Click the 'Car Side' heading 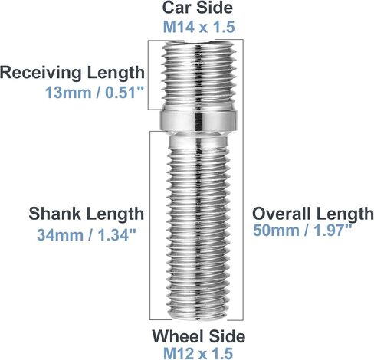(198, 8)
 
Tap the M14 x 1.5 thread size (198, 27)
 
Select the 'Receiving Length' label (72, 73)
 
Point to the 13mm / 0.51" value (95, 93)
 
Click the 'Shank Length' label (86, 214)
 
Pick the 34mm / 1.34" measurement (86, 235)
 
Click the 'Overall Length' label (313, 214)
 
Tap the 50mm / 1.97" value (302, 231)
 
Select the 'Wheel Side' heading (198, 336)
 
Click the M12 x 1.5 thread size (198, 353)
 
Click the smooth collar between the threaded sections (198, 120)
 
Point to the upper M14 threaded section (198, 75)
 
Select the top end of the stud (198, 42)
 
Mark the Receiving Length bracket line (148, 75)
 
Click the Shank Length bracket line (150, 225)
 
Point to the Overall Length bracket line (243, 180)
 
